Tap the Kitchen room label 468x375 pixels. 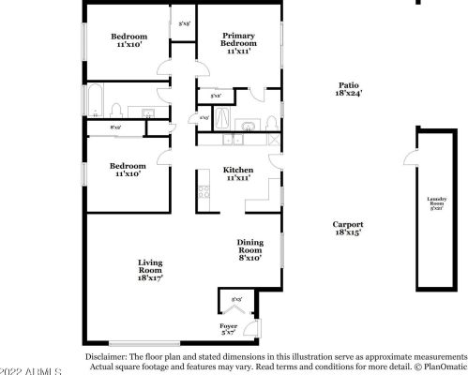238,170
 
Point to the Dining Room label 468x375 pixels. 249,246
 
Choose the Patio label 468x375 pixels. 348,86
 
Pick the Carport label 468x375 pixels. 348,225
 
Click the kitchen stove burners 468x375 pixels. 204,192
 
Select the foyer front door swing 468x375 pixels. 252,328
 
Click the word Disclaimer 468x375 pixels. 105,357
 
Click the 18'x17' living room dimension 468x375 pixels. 151,278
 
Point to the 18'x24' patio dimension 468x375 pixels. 348,94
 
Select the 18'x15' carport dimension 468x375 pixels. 348,232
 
